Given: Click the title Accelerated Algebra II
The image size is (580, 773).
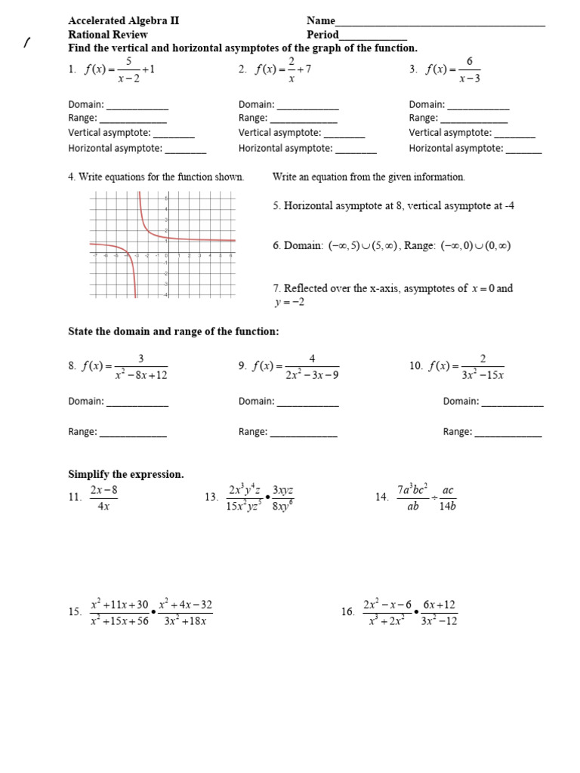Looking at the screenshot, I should [x=124, y=21].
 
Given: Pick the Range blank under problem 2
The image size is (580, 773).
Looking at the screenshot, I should [x=304, y=121].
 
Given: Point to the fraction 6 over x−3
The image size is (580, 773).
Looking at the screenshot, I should [x=469, y=69].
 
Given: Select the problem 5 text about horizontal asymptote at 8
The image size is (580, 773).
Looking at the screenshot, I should [x=393, y=205].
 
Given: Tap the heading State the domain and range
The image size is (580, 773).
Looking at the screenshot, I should [x=174, y=331].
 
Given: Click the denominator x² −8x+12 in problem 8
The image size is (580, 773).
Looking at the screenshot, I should [x=141, y=374].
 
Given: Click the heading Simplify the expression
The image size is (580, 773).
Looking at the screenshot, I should [x=126, y=474].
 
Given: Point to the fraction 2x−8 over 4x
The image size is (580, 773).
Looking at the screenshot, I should [x=104, y=497].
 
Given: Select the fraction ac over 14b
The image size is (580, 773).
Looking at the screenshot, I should [x=448, y=497].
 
